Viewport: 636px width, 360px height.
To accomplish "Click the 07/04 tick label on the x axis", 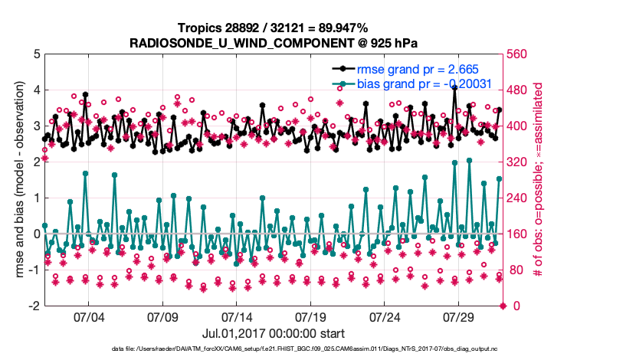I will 87,317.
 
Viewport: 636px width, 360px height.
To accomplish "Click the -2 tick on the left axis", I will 33,306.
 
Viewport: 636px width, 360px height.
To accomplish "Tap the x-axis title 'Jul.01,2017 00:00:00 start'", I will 273,334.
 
